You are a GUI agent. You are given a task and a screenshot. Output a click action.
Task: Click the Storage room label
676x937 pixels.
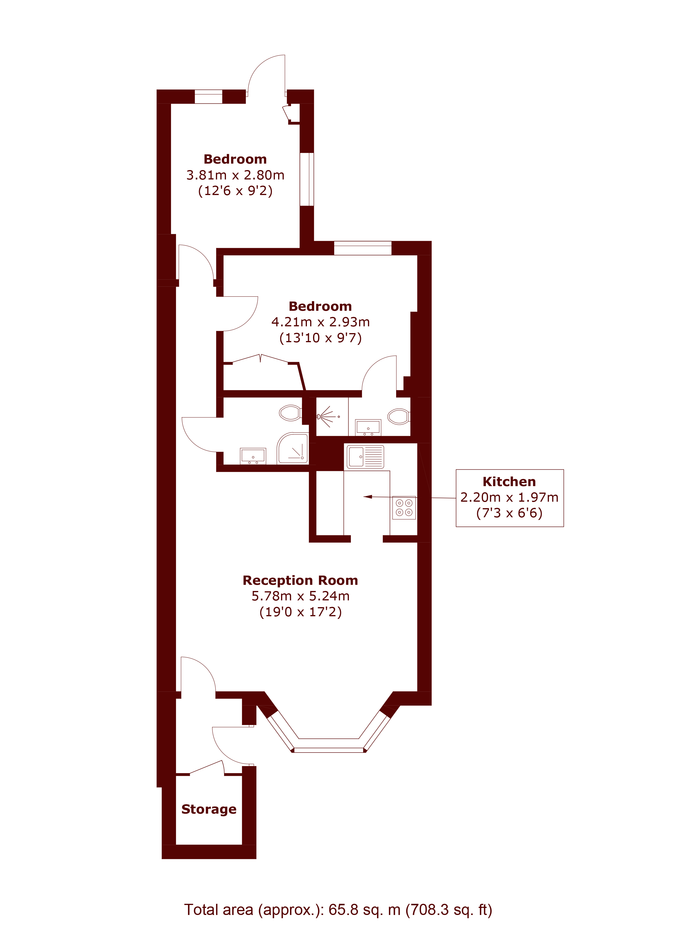coord(209,809)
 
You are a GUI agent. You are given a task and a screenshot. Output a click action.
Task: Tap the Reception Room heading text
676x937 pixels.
coord(300,580)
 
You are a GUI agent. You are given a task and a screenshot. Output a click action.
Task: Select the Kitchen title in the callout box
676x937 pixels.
coord(509,481)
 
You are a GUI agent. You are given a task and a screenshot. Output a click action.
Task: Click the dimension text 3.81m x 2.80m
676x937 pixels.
coord(235,175)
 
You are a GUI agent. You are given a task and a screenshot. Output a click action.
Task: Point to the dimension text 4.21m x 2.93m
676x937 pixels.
coord(320,322)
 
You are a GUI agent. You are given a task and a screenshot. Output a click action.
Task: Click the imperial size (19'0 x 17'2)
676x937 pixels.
coord(300,612)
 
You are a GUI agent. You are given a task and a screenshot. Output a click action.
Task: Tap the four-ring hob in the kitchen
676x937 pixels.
coord(404,508)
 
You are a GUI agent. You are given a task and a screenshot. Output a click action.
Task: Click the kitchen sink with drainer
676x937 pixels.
coord(365,456)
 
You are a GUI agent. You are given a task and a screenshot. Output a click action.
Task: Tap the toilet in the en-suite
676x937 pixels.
coord(399,417)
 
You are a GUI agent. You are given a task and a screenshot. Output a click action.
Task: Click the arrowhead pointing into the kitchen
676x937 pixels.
coord(367,497)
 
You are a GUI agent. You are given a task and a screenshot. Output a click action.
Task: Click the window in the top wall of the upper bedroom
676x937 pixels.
coord(208,96)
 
